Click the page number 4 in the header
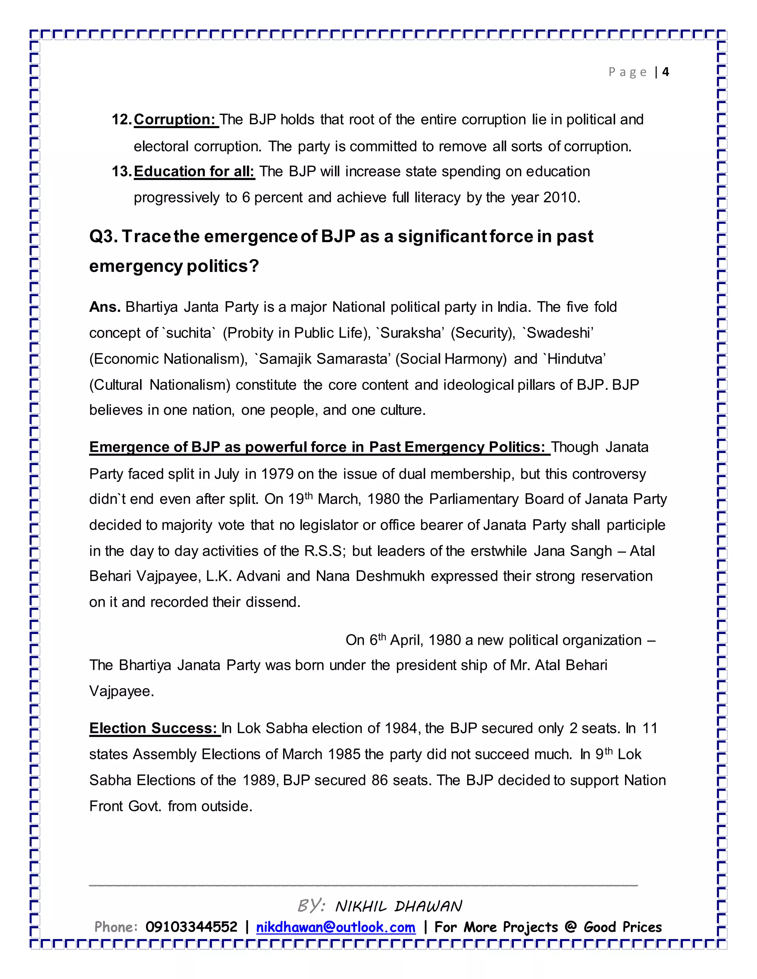[665, 72]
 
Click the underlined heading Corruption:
[175, 120]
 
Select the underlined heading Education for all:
[194, 172]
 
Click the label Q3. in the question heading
[103, 237]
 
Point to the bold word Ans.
[105, 307]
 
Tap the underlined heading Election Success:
[153, 729]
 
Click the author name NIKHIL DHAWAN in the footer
[398, 906]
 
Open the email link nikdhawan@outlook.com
[336, 927]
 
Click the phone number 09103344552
[191, 927]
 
